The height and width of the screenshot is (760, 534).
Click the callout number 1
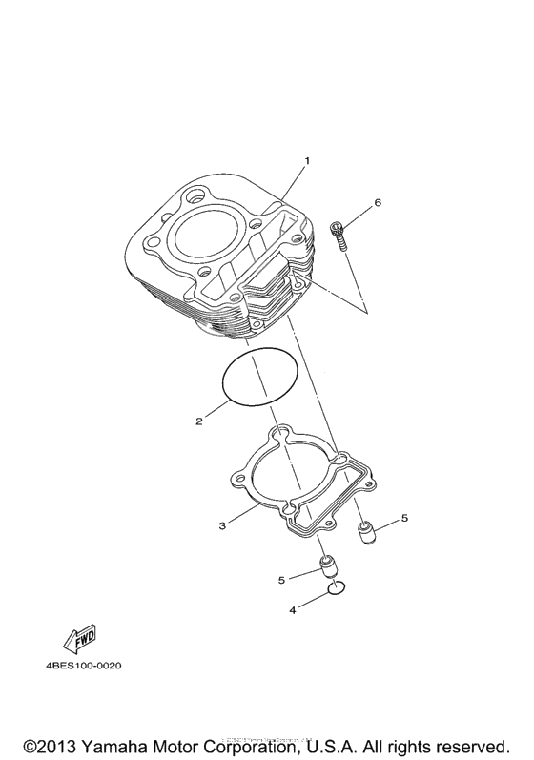click(x=306, y=161)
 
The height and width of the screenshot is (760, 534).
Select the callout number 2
click(x=198, y=421)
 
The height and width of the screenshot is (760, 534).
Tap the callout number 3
click(x=221, y=525)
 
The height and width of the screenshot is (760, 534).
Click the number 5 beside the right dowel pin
click(x=403, y=518)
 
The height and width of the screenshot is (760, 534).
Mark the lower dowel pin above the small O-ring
click(x=328, y=568)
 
